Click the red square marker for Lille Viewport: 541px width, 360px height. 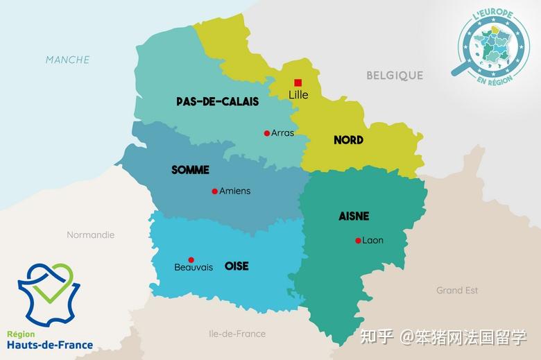point(298,83)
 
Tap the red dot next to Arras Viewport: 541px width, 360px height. point(267,133)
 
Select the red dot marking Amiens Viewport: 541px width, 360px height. point(215,191)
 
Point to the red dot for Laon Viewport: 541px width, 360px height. point(358,241)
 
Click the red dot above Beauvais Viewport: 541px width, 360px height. point(191,259)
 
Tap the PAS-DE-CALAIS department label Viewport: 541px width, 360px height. point(217,101)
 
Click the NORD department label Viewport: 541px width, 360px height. point(348,140)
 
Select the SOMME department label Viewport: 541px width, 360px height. point(190,170)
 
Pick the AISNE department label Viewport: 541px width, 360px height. point(354,216)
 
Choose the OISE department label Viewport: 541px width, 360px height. point(237,266)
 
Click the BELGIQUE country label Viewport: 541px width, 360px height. point(395,75)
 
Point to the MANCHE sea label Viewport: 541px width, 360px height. point(67,60)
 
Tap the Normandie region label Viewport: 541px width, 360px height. point(90,234)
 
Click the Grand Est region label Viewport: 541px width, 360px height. point(457,290)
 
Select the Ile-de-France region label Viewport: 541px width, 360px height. point(237,334)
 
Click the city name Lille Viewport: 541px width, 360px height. point(298,95)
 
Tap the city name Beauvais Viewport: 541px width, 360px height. point(194,268)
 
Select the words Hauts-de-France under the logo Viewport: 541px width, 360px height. point(50,345)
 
